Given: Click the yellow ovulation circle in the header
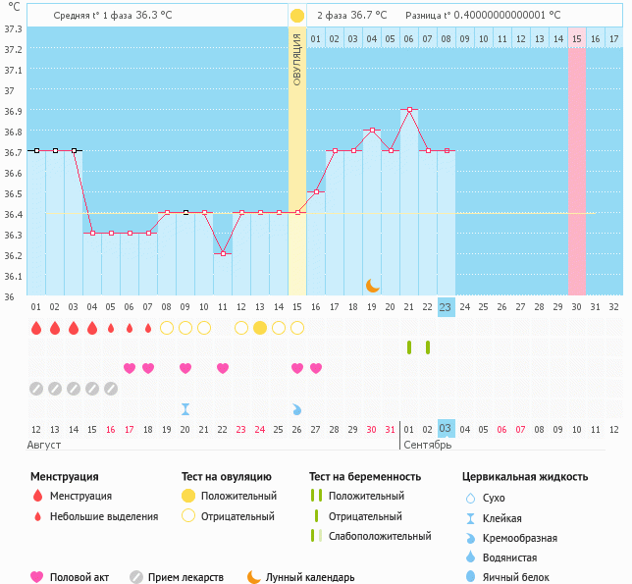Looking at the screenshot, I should pyautogui.click(x=297, y=16).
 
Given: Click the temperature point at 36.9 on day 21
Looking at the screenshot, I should pyautogui.click(x=409, y=110).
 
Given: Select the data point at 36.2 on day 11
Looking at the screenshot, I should pyautogui.click(x=223, y=254).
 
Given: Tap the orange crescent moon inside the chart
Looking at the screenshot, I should pyautogui.click(x=373, y=286).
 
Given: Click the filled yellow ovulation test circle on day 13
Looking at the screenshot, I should pyautogui.click(x=260, y=328).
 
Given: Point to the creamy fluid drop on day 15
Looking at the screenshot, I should pyautogui.click(x=297, y=408).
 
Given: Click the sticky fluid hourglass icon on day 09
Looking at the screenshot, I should pyautogui.click(x=185, y=408).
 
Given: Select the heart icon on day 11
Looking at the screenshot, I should pyautogui.click(x=223, y=368).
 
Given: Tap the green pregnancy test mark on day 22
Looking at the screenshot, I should pyautogui.click(x=428, y=347).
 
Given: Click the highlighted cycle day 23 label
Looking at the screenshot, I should pyautogui.click(x=446, y=307).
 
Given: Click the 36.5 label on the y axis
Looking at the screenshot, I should pyautogui.click(x=14, y=193).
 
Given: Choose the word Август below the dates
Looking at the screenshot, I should pyautogui.click(x=46, y=445).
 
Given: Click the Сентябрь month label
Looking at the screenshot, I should pyautogui.click(x=427, y=445).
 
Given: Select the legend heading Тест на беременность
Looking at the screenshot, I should pyautogui.click(x=365, y=476).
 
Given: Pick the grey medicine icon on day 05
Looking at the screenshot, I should pyautogui.click(x=111, y=389).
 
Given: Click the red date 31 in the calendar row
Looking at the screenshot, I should pyautogui.click(x=391, y=429).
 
